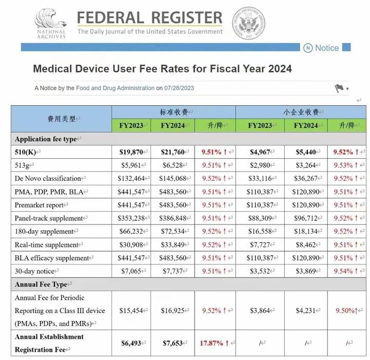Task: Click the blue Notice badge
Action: pyautogui.click(x=322, y=48)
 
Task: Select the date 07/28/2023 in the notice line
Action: pyautogui.click(x=179, y=88)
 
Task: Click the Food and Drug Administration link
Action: pyautogui.click(x=115, y=88)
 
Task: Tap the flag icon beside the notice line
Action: pyautogui.click(x=339, y=88)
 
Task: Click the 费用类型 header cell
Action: pyautogui.click(x=61, y=119)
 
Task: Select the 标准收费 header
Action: pyautogui.click(x=173, y=112)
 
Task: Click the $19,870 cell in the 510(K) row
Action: pyautogui.click(x=133, y=151)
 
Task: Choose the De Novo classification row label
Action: pyautogui.click(x=48, y=178)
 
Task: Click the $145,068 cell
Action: pyautogui.click(x=172, y=178)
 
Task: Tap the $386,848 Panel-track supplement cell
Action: pyautogui.click(x=172, y=218)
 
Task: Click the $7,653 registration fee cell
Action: pyautogui.click(x=172, y=343)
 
